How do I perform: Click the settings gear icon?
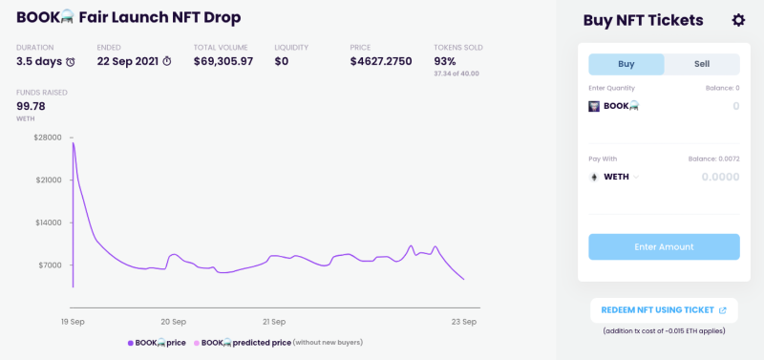(738, 20)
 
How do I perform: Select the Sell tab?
(702, 64)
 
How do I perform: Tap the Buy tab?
(626, 64)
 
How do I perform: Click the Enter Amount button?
(664, 247)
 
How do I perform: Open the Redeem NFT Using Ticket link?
(664, 310)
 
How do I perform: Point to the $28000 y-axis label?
(48, 138)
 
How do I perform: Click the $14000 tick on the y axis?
(48, 222)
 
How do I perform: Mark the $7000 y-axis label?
(50, 265)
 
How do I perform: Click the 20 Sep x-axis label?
(174, 322)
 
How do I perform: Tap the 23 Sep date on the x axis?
(464, 322)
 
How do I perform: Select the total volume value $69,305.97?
(223, 62)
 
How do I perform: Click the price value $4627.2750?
(381, 62)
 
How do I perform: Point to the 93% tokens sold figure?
(445, 62)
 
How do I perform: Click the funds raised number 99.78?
(31, 106)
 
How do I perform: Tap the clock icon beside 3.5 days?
(71, 62)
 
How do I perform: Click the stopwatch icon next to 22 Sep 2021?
(166, 61)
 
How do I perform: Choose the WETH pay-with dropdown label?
(616, 177)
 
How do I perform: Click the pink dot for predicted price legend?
(197, 343)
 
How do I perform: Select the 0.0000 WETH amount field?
(720, 177)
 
